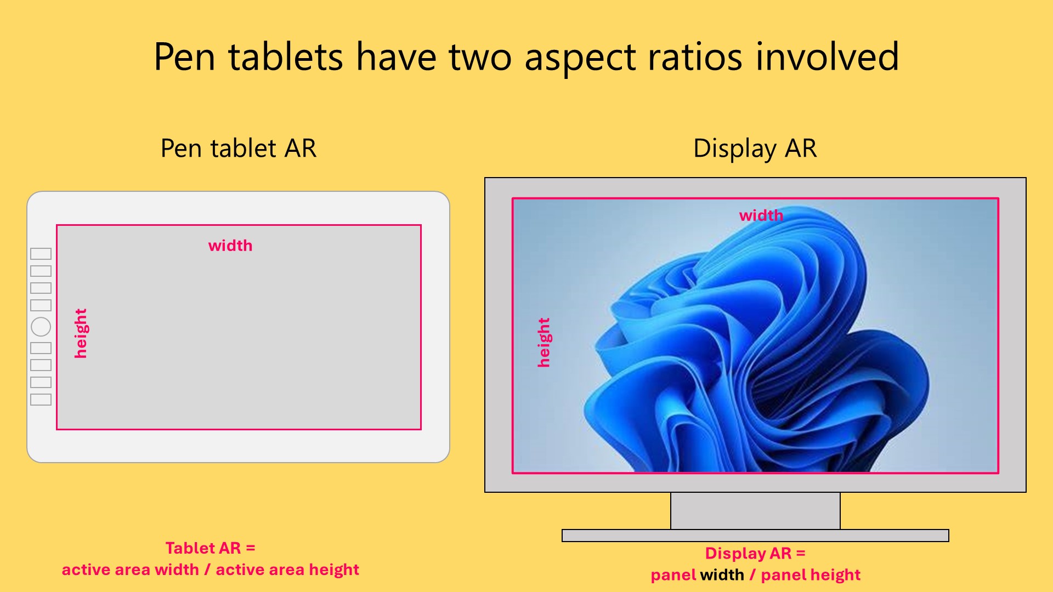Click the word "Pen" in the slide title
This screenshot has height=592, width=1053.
click(184, 56)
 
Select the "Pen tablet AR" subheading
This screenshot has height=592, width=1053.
click(239, 149)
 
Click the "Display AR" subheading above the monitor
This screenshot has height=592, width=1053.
click(755, 149)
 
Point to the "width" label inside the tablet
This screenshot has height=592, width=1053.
click(230, 246)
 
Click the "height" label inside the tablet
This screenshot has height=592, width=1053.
click(81, 333)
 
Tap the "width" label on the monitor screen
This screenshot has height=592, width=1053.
click(761, 215)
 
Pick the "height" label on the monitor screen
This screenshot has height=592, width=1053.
click(544, 342)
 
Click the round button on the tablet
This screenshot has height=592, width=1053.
click(41, 327)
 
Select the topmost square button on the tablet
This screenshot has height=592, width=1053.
click(41, 254)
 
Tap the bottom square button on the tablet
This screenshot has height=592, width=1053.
click(41, 400)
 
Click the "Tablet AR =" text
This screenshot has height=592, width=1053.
click(211, 548)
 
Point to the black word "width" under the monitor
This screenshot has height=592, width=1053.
click(722, 575)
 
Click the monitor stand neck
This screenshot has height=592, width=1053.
click(755, 511)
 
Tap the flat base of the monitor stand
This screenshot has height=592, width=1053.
click(755, 536)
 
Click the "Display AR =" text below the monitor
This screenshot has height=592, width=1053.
click(755, 554)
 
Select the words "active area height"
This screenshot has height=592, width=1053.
click(287, 570)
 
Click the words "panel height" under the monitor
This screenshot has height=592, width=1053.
click(811, 575)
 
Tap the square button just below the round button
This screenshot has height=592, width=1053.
click(41, 348)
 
